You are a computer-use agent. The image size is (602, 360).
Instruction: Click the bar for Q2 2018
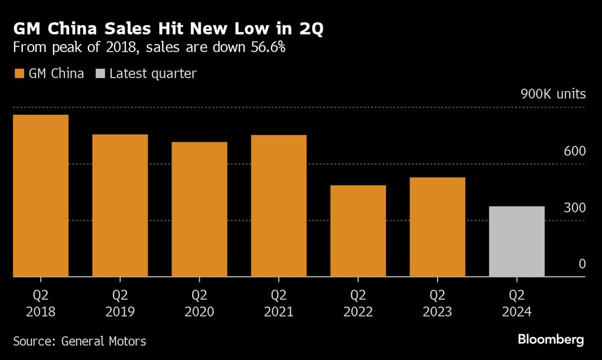tap(40, 196)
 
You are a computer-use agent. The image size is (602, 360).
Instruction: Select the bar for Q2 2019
tap(120, 205)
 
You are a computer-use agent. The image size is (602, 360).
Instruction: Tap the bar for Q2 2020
tap(199, 209)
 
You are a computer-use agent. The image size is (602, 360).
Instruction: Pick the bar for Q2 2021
tap(279, 206)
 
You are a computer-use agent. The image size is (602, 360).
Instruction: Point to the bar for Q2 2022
tap(358, 231)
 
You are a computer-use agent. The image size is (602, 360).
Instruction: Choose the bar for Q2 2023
tap(438, 227)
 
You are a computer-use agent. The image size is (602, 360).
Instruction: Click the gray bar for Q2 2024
tap(517, 241)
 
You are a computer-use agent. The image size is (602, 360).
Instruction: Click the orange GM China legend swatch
tap(18, 74)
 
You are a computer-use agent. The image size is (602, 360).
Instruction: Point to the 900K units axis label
tap(553, 95)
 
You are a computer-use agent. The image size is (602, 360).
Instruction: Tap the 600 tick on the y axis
tap(574, 151)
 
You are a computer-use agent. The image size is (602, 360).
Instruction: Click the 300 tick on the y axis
tap(574, 208)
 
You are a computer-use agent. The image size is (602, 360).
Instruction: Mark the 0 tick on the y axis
tap(582, 264)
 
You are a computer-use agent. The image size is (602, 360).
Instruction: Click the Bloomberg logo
tap(550, 340)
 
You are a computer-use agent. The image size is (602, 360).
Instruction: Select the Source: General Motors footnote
tap(79, 341)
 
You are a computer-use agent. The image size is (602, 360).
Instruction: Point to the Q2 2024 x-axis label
tap(517, 303)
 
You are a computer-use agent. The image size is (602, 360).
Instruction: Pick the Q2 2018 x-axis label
tap(40, 303)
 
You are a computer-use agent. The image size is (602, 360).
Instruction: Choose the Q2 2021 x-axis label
tap(279, 303)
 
